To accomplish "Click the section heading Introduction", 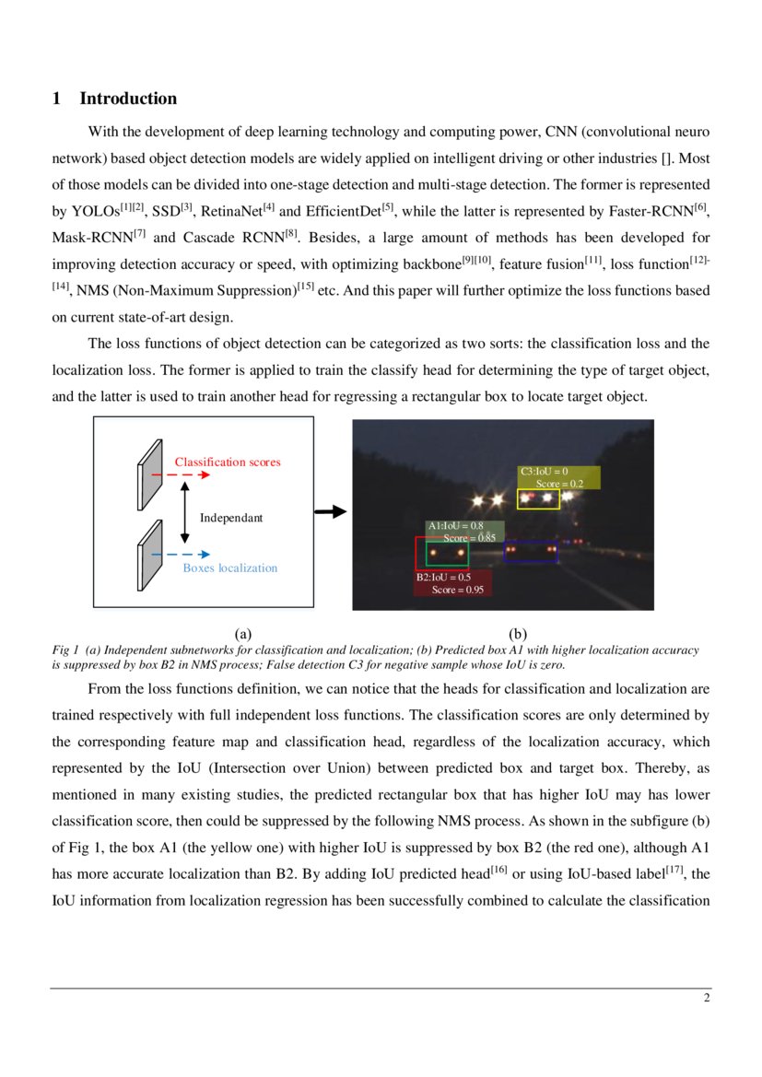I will coord(128,99).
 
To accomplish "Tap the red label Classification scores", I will coord(228,462).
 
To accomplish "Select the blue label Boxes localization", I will coord(229,568).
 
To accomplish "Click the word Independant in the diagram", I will coord(231,518).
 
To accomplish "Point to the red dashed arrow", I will coord(181,475).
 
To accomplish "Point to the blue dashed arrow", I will coord(181,555).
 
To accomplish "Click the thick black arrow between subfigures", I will coord(330,512).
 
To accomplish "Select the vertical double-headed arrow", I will coord(185,516).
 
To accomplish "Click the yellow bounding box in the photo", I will coord(538,499).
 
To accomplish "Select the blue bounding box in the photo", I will coord(531,552).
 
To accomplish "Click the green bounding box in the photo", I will coord(448,553).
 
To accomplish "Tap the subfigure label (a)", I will coord(242,633).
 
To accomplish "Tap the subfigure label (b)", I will coord(518,633).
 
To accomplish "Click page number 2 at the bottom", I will coord(706,998).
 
